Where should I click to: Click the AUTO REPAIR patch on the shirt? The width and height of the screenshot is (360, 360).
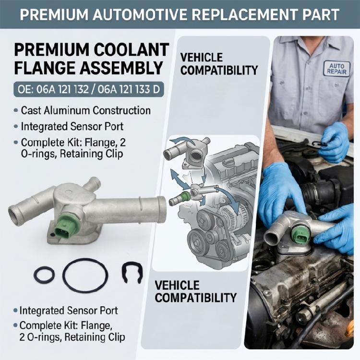(x=337, y=69)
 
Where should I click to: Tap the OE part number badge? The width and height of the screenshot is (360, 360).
(x=89, y=89)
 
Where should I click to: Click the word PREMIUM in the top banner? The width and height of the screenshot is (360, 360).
(x=54, y=14)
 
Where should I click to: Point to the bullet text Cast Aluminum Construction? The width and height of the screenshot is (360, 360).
(x=85, y=111)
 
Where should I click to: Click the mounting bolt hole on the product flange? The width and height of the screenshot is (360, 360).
(x=52, y=235)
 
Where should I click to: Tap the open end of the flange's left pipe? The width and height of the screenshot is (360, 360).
(x=13, y=215)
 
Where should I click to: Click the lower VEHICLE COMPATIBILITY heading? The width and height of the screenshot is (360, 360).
(x=195, y=291)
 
